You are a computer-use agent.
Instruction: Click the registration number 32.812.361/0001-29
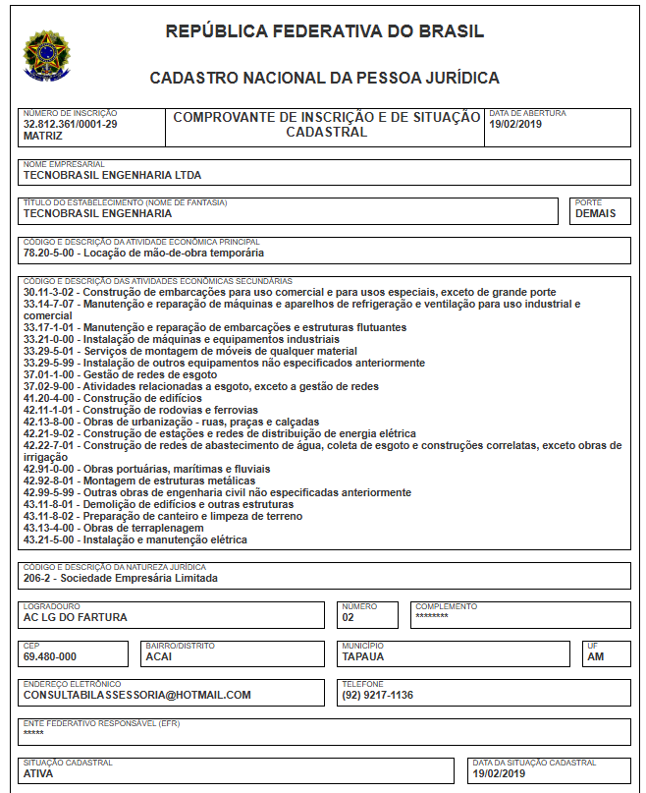pos(70,125)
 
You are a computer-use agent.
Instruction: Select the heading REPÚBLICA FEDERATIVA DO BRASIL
pos(324,31)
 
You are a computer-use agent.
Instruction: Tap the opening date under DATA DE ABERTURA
pos(515,125)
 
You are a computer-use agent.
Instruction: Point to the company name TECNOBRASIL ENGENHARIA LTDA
pos(112,176)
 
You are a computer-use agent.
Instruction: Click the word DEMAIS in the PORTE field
pos(596,213)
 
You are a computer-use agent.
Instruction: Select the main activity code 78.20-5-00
pos(50,253)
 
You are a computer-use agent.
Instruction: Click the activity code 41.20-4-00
pos(50,398)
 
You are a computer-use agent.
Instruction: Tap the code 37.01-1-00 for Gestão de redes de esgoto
pos(50,374)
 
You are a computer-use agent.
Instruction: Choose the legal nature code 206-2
pos(38,579)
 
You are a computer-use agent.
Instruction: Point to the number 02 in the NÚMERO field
pos(349,619)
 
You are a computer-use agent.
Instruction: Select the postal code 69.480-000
pos(50,656)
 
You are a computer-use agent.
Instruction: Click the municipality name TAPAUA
pos(363,656)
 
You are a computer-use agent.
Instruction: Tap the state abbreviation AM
pos(595,656)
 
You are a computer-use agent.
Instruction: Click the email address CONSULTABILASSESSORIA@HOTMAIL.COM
pos(137,695)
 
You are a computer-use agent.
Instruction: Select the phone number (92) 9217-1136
pos(378,695)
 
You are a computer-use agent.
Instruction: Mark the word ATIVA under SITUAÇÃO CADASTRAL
pos(38,773)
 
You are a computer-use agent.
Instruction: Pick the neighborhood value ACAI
pos(158,656)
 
